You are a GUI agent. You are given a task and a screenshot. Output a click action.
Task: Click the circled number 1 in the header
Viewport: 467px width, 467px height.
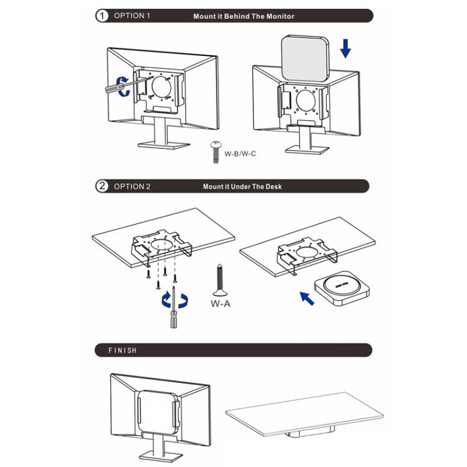pyautogui.click(x=102, y=16)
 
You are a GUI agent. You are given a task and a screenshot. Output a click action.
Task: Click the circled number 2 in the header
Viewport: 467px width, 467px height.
pyautogui.click(x=102, y=186)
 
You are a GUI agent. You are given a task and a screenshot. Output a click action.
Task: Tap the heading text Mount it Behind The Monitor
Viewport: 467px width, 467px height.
pyautogui.click(x=243, y=16)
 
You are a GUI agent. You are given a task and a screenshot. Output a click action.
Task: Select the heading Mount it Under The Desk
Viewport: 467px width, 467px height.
pyautogui.click(x=242, y=186)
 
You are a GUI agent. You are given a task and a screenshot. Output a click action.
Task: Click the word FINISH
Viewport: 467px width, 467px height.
pyautogui.click(x=122, y=350)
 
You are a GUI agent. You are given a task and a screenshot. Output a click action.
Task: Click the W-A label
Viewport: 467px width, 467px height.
pyautogui.click(x=221, y=304)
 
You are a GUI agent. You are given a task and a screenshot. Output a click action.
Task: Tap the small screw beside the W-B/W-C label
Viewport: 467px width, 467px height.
pyautogui.click(x=215, y=151)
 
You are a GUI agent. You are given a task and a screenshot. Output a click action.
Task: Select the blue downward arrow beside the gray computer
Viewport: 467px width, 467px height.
pyautogui.click(x=345, y=47)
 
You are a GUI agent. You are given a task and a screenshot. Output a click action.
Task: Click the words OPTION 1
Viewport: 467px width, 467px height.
pyautogui.click(x=132, y=16)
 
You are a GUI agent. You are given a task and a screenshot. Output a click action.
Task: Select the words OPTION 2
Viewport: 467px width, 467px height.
pyautogui.click(x=132, y=186)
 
